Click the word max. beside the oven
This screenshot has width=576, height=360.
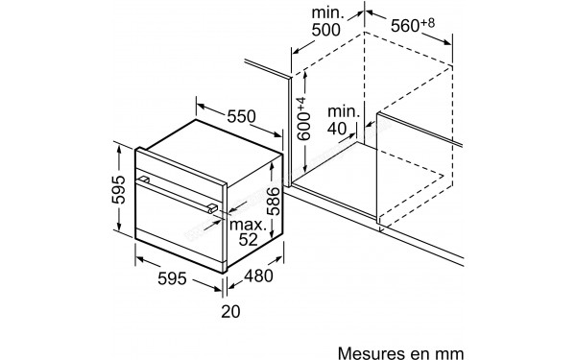click(x=247, y=225)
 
